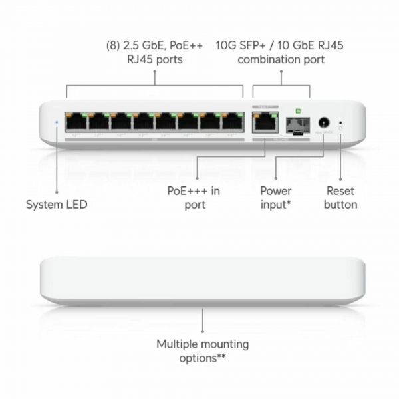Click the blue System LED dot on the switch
(x=57, y=122)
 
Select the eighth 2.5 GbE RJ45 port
(x=232, y=122)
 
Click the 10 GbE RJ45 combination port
(x=263, y=122)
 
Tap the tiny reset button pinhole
(x=341, y=122)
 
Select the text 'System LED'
(x=57, y=205)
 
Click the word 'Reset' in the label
(x=340, y=190)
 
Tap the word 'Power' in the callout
(x=275, y=190)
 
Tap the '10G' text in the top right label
(x=226, y=46)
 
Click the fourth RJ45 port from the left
(x=144, y=122)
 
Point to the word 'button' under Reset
(x=340, y=205)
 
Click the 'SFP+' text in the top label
(x=253, y=46)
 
